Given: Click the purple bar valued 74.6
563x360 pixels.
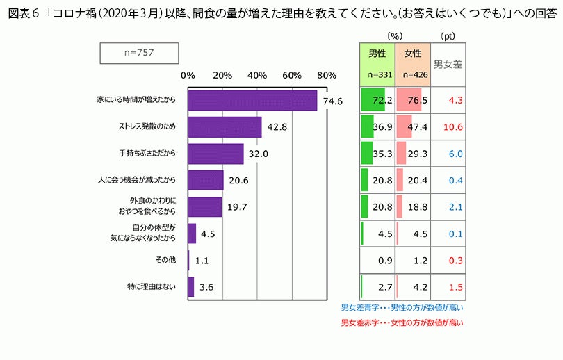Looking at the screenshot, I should coord(252,101).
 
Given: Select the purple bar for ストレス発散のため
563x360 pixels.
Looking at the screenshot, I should coord(225,127).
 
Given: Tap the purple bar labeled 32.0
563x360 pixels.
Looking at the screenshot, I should coord(215,154).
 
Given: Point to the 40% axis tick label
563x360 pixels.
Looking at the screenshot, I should coord(257,75).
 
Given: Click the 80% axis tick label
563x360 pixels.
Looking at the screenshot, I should coord(327,75).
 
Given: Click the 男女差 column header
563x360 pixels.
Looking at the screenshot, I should coord(448,64).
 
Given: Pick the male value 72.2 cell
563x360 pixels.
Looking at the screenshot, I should coord(377,101).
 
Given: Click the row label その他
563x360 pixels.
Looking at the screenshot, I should coord(167,259).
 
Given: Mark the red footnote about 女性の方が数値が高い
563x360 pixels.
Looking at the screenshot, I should coord(402,322).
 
